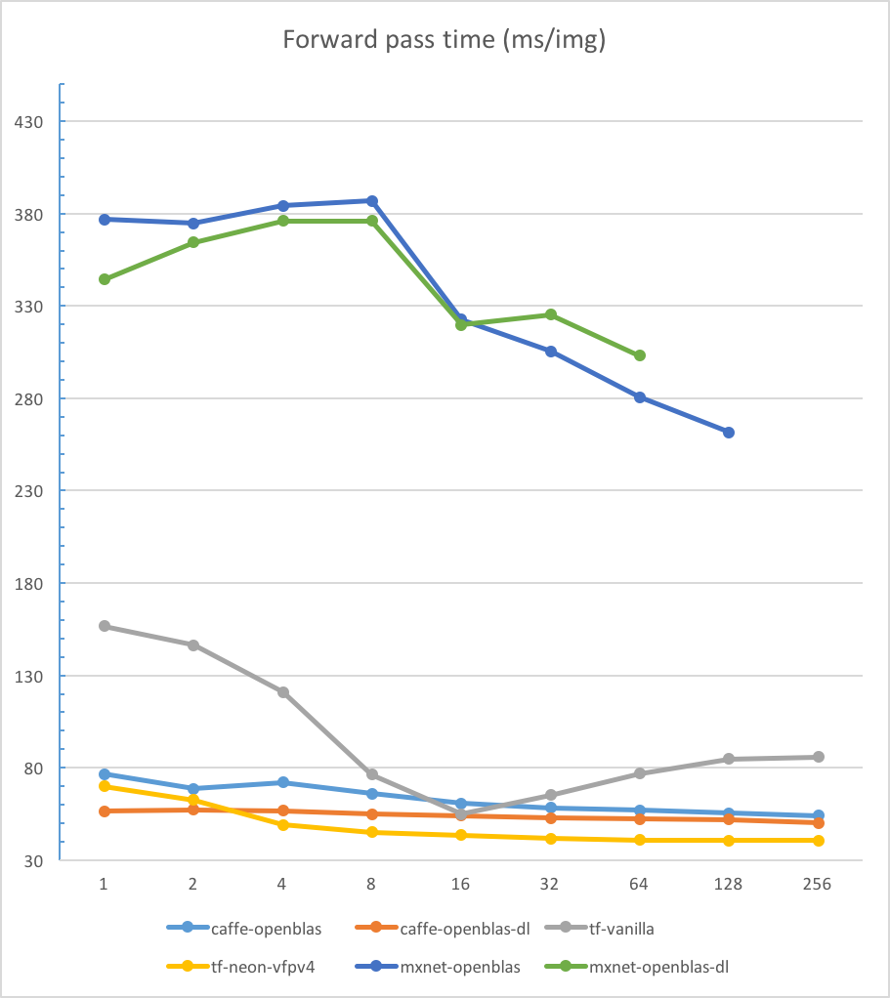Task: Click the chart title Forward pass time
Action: pyautogui.click(x=445, y=40)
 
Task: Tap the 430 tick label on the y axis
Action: pyautogui.click(x=26, y=122)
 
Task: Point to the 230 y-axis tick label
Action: pyautogui.click(x=26, y=491)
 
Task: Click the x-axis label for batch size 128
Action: pyautogui.click(x=729, y=884)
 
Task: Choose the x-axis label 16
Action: pyautogui.click(x=460, y=884)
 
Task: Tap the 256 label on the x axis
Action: pyautogui.click(x=817, y=884)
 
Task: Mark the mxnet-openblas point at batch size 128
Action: pyautogui.click(x=729, y=433)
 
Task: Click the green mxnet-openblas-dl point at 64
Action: pyautogui.click(x=640, y=355)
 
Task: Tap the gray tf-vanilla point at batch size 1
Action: pyautogui.click(x=104, y=626)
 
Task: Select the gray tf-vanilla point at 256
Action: pyautogui.click(x=819, y=757)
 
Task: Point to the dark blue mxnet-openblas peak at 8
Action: pyautogui.click(x=372, y=201)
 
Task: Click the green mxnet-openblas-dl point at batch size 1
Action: pyautogui.click(x=104, y=279)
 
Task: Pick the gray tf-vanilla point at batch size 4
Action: pyautogui.click(x=283, y=692)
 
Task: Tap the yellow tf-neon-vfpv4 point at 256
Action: pyautogui.click(x=819, y=841)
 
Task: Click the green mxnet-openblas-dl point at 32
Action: pyautogui.click(x=551, y=314)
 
